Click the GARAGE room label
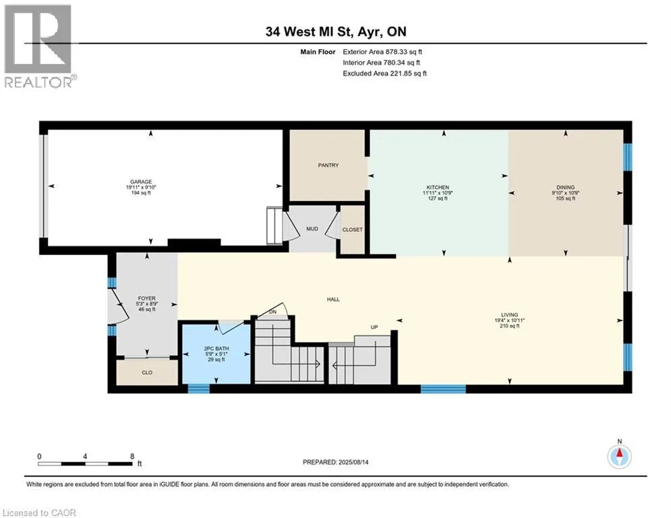click(141, 182)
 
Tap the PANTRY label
click(328, 165)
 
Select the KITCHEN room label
click(438, 188)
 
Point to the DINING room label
click(565, 188)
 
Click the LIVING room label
click(509, 315)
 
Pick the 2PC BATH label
click(216, 349)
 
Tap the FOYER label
click(147, 298)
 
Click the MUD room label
click(312, 229)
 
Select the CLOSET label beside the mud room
click(352, 230)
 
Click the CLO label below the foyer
click(147, 373)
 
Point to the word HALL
click(333, 299)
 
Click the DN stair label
click(272, 312)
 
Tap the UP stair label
click(374, 328)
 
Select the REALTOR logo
click(39, 47)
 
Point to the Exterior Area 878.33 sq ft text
click(382, 52)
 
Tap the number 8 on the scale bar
click(132, 457)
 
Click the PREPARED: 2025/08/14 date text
click(336, 462)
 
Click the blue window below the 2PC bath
click(199, 388)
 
